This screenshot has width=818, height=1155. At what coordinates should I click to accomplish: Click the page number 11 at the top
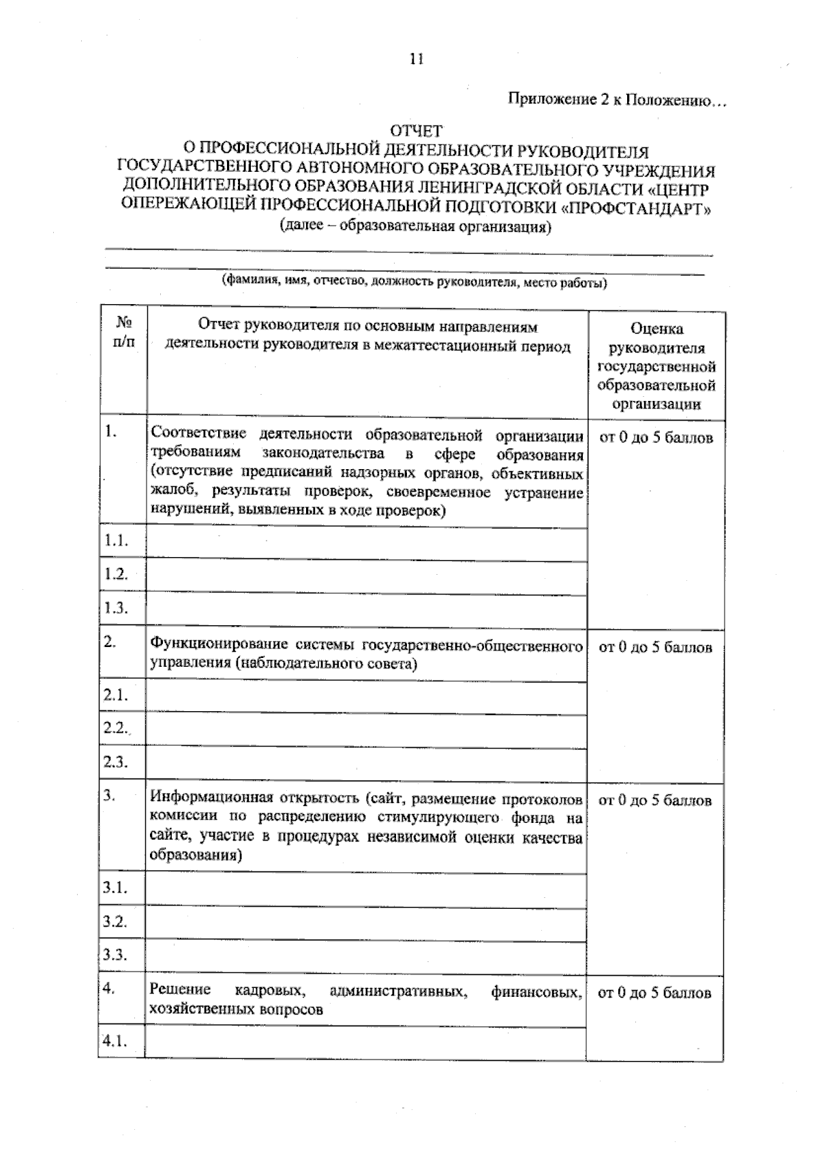click(x=416, y=59)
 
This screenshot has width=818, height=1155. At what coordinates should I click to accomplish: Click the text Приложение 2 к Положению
click(x=618, y=100)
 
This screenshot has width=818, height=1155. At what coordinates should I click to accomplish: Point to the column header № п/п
click(x=123, y=331)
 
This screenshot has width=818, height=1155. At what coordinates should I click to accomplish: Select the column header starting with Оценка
click(x=656, y=365)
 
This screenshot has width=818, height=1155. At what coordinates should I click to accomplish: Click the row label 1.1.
click(x=116, y=541)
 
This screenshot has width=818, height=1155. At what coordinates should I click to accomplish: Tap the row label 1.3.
click(x=116, y=607)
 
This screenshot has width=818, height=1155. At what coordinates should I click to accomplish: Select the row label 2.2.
click(x=116, y=727)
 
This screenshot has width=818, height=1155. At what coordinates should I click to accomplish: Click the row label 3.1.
click(x=115, y=887)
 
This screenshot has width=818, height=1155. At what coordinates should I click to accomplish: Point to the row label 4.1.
click(x=115, y=1041)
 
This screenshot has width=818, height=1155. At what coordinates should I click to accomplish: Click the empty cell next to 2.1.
click(x=367, y=696)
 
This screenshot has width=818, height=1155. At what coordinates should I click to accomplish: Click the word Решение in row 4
click(x=180, y=990)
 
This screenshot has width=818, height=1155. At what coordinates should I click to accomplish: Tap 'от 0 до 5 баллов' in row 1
click(x=656, y=438)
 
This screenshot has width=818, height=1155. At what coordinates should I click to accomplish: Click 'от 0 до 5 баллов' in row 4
click(x=654, y=993)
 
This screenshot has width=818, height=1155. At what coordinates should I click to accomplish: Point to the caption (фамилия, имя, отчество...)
click(x=414, y=282)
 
